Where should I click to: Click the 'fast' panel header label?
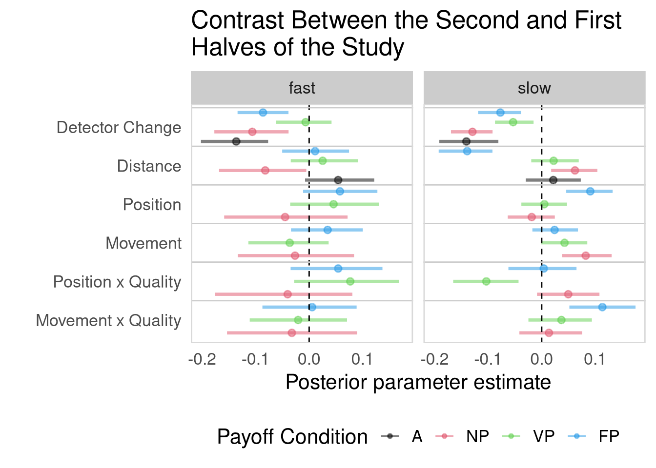[302, 88]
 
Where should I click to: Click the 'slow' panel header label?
[534, 88]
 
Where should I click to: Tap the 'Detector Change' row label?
[119, 128]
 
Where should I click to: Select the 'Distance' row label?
[149, 166]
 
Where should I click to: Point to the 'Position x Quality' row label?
[117, 282]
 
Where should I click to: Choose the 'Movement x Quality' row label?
[108, 321]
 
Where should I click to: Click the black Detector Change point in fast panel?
[236, 141]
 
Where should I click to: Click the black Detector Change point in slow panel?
[466, 141]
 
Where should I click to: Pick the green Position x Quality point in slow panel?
[486, 281]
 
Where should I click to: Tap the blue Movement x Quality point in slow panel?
[602, 307]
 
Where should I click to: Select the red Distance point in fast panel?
[265, 171]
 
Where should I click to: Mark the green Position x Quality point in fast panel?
[350, 281]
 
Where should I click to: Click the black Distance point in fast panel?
[338, 180]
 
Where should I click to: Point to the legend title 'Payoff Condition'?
[292, 436]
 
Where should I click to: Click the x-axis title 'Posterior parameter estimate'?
[418, 382]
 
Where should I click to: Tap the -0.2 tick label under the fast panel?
[202, 360]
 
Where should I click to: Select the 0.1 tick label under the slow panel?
[594, 360]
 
